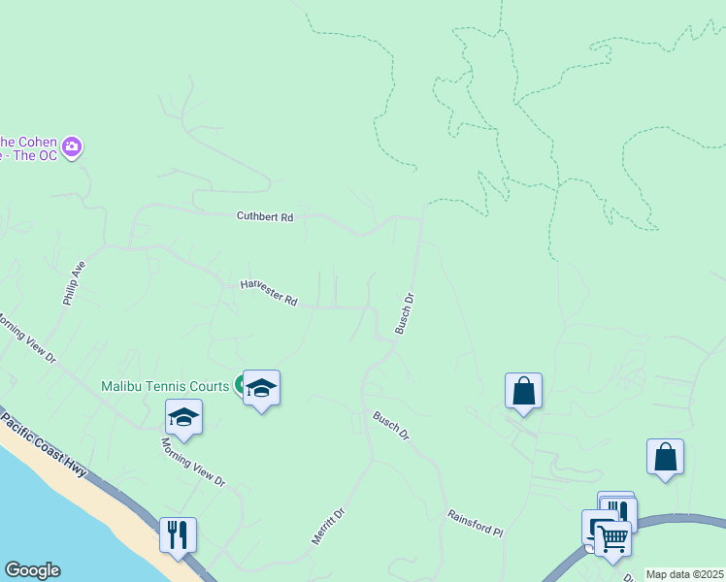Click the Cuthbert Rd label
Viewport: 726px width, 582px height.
click(x=265, y=217)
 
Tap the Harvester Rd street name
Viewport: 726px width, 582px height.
click(x=269, y=293)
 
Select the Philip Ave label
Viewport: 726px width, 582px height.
click(x=75, y=284)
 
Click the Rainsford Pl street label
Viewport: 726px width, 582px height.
click(x=476, y=525)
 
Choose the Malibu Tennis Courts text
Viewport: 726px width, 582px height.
click(x=165, y=385)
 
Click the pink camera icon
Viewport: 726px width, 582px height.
click(x=72, y=148)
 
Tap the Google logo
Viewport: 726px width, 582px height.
click(x=32, y=570)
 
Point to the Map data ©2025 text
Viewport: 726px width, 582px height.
click(x=684, y=574)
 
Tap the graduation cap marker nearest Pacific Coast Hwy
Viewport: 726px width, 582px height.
click(x=183, y=416)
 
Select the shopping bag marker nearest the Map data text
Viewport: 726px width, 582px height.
click(x=665, y=456)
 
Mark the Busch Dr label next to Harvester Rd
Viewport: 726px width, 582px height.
click(x=406, y=314)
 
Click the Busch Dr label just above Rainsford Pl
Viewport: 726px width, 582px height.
click(x=392, y=427)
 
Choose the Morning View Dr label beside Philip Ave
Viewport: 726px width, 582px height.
click(x=26, y=338)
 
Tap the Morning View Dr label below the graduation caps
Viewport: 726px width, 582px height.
click(x=193, y=462)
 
